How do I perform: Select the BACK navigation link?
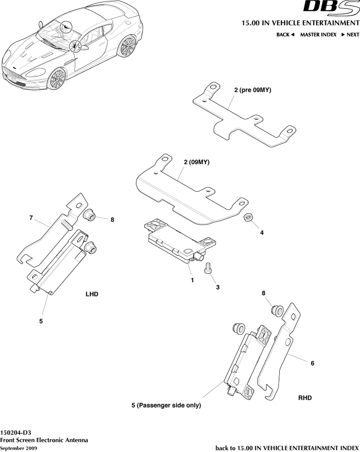285,35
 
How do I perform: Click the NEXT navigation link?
350,35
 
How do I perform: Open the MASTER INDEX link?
318,35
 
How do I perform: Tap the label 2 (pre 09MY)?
253,91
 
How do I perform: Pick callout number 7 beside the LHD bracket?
31,218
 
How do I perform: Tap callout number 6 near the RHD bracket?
313,363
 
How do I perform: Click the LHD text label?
92,294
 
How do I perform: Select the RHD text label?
305,398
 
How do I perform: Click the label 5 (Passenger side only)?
166,405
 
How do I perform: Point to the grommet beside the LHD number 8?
89,215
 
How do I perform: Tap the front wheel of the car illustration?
57,78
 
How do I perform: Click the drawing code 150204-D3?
16,432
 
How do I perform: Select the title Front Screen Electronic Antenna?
44,440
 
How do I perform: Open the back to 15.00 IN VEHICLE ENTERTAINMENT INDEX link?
287,448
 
